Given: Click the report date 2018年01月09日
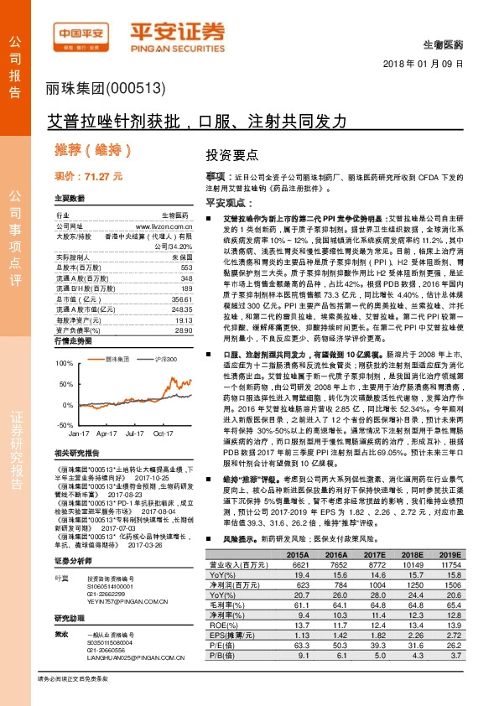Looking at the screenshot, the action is pyautogui.click(x=440, y=65).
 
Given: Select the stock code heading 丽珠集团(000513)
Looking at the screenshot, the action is pyautogui.click(x=99, y=89).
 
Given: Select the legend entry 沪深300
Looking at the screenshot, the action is pyautogui.click(x=164, y=358).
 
